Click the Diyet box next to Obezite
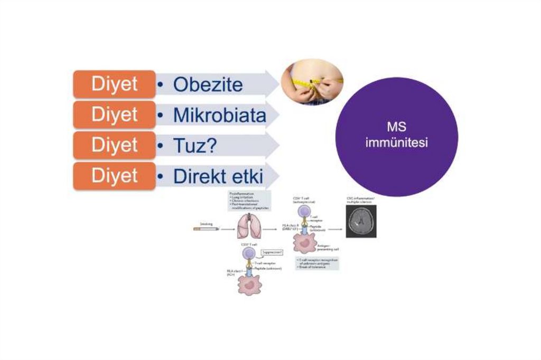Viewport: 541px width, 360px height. coord(114,84)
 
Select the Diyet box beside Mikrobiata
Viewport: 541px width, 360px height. coord(114,115)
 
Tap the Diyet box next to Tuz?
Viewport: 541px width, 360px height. coord(114,145)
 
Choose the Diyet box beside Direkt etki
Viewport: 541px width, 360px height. coord(114,176)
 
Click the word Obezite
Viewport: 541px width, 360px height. coord(208,85)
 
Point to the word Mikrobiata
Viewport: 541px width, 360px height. coord(220,115)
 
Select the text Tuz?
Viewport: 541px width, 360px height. coord(195,146)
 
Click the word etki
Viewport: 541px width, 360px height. coord(244,176)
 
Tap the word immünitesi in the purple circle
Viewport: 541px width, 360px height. coord(396,143)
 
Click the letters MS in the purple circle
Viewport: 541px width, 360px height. coord(396,128)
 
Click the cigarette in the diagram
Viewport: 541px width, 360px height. coord(204,229)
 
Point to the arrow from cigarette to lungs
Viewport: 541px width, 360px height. coord(227,229)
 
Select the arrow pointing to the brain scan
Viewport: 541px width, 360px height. coord(334,229)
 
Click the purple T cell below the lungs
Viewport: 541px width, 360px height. coord(250,254)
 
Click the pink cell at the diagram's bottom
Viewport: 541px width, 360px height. coord(249,284)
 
